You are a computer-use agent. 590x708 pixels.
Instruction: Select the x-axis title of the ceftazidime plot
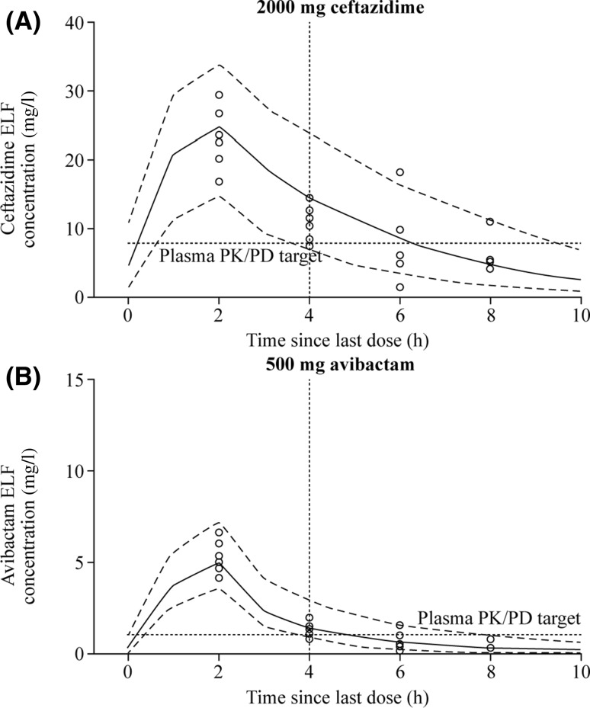coord(309,338)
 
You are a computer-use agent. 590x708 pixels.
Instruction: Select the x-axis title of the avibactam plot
coord(309,695)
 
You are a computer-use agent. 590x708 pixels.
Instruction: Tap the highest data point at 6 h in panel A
coord(399,172)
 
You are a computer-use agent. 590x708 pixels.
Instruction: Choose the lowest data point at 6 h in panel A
coord(399,287)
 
